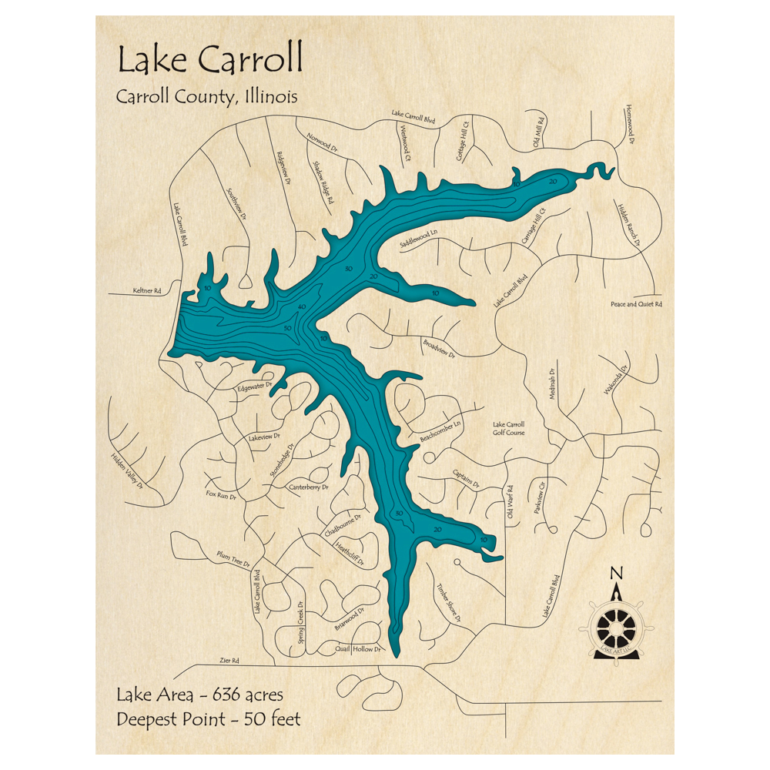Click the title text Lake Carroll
coord(209,59)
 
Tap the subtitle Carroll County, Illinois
coord(207,97)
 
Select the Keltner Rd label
coord(146,291)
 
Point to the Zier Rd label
coord(229,660)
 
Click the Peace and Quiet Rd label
coord(635,304)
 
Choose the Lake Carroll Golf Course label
coord(508,429)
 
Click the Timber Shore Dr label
coord(448,602)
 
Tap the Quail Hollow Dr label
coord(359,649)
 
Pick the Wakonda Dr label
coord(615,378)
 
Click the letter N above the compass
coord(615,572)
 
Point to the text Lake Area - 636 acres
coord(200,695)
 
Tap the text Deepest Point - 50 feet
coord(208,720)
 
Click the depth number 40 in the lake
coord(302,307)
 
